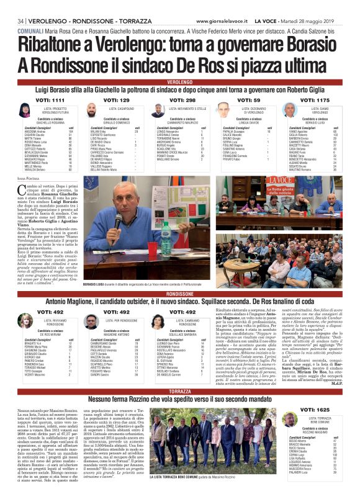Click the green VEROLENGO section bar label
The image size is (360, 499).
click(x=180, y=82)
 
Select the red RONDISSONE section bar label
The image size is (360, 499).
click(x=180, y=294)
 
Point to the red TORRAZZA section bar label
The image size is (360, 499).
click(x=180, y=392)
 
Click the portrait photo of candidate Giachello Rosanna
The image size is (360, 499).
click(x=25, y=110)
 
